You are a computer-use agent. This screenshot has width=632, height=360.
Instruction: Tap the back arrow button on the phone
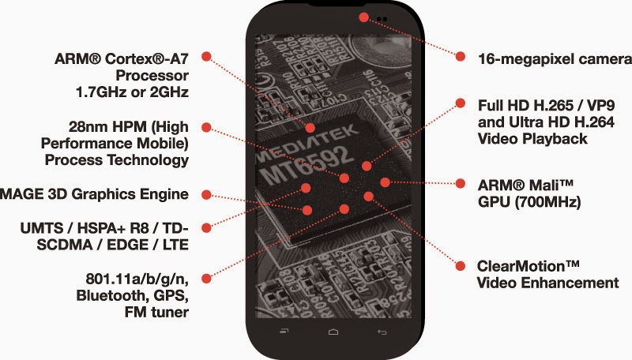click(x=382, y=330)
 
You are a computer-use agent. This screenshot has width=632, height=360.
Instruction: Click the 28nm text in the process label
click(x=82, y=127)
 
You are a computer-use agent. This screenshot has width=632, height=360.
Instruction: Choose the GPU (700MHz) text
click(x=530, y=201)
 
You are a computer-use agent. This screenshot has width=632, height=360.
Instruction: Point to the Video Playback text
click(x=532, y=139)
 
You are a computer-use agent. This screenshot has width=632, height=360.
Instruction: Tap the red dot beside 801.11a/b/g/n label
click(x=206, y=277)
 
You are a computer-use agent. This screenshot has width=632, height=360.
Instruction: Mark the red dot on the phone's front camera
click(x=363, y=17)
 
